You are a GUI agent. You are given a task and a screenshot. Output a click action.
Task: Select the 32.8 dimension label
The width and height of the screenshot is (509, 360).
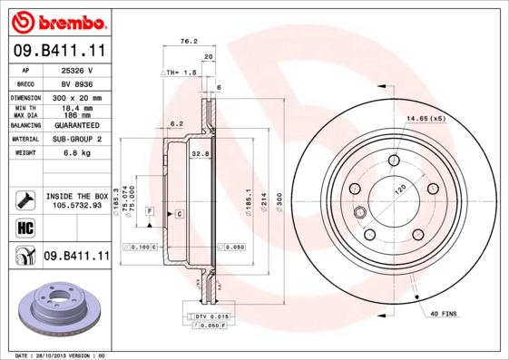[200, 154]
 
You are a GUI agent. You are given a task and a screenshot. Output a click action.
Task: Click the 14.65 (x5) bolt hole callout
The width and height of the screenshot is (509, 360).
[425, 119]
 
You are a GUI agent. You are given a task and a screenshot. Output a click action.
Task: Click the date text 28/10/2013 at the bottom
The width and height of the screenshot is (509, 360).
[60, 355]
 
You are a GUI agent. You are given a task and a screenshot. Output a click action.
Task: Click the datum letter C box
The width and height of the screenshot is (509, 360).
[179, 213]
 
